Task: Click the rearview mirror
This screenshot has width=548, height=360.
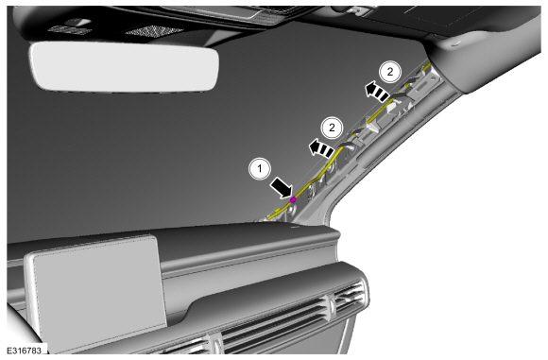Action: [124, 66]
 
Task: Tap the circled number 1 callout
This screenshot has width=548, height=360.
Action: [260, 169]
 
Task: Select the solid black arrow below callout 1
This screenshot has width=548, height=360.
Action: [283, 188]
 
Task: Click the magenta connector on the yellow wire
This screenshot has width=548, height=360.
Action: [293, 200]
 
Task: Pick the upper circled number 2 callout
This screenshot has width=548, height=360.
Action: [390, 72]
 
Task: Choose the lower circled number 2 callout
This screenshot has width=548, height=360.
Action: [332, 128]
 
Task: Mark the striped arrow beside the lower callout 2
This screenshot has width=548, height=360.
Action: [321, 147]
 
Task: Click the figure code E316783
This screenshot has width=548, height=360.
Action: [25, 350]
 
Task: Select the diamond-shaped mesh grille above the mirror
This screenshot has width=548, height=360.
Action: [154, 31]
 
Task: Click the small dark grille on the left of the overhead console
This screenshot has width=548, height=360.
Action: [69, 30]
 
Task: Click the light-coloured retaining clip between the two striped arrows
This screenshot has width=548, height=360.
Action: [374, 125]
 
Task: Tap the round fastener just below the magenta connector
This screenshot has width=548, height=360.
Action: [291, 210]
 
